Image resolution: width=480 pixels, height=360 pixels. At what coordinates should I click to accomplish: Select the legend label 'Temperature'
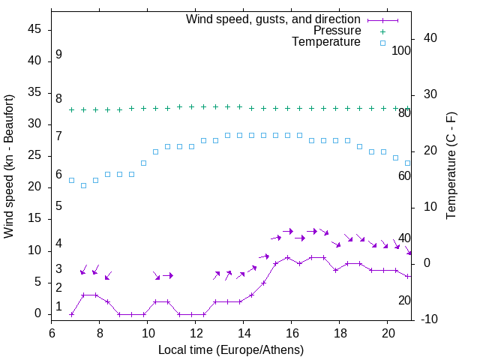(x=326, y=42)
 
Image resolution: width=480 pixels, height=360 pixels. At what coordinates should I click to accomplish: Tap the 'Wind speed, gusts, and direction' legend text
(x=273, y=19)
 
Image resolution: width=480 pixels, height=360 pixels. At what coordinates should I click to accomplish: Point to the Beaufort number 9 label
(x=58, y=55)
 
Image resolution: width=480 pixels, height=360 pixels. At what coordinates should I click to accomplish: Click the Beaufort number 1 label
(x=58, y=307)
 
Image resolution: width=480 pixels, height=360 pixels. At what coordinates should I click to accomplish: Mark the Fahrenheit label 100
(x=402, y=50)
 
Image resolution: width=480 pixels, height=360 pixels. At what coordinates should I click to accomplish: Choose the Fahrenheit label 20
(x=404, y=300)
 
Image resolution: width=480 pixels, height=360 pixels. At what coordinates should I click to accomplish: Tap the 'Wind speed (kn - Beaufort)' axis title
(x=10, y=166)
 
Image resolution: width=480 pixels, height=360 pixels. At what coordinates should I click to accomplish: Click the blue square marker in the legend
(x=382, y=43)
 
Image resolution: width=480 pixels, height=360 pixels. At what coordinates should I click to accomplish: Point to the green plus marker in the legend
(x=382, y=31)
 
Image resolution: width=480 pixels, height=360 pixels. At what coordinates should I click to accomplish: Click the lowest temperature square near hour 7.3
(x=83, y=185)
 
